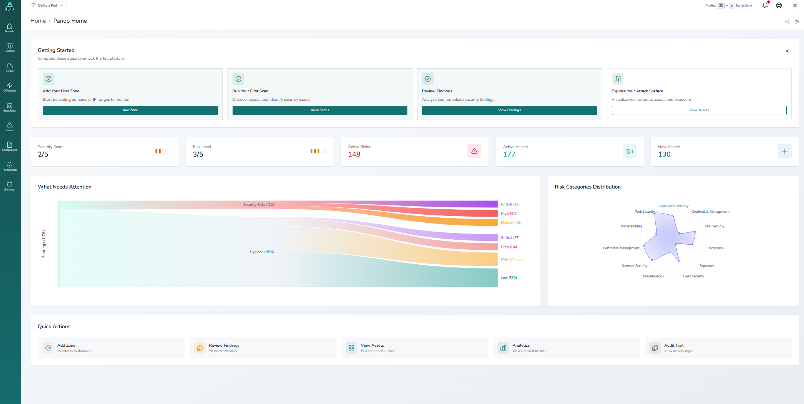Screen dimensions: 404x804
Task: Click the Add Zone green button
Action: click(x=130, y=110)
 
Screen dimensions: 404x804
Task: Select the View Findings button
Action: click(x=509, y=110)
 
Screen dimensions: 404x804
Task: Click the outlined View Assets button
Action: click(x=698, y=110)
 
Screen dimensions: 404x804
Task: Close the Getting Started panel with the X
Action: click(x=787, y=51)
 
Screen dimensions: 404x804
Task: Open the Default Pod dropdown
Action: click(x=47, y=5)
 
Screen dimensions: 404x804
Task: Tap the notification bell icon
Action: click(x=765, y=5)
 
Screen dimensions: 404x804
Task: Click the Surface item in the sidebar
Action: click(x=10, y=47)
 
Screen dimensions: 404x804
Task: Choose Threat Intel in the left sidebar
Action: click(x=10, y=166)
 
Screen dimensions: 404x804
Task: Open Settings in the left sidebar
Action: click(x=10, y=186)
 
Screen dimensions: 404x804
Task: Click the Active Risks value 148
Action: click(x=354, y=154)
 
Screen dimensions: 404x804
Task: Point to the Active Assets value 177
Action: click(x=509, y=154)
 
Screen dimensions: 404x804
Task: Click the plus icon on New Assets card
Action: click(x=784, y=151)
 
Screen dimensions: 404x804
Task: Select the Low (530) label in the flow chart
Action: click(x=509, y=278)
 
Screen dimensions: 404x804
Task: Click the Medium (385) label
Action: click(x=512, y=259)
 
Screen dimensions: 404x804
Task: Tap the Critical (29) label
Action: click(x=510, y=204)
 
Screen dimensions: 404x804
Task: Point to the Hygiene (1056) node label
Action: click(x=262, y=252)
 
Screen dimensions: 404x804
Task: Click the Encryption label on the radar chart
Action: click(x=715, y=248)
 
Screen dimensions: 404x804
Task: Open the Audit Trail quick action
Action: click(x=674, y=348)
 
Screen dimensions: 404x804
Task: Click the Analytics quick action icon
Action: click(x=503, y=348)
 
